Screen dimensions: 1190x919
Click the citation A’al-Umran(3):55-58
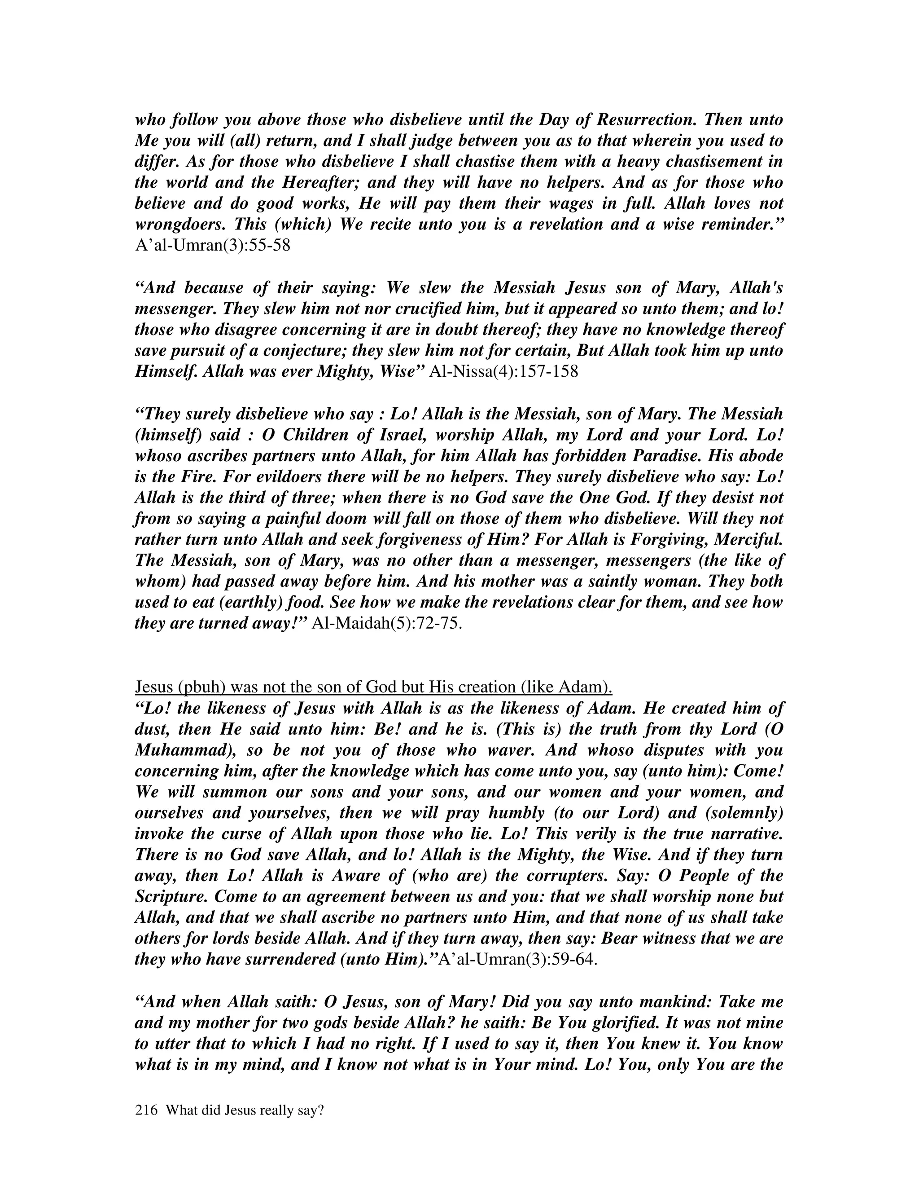click(x=212, y=245)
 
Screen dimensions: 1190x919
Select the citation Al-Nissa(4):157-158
click(x=503, y=372)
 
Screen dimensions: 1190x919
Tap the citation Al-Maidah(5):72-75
click(x=386, y=623)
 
